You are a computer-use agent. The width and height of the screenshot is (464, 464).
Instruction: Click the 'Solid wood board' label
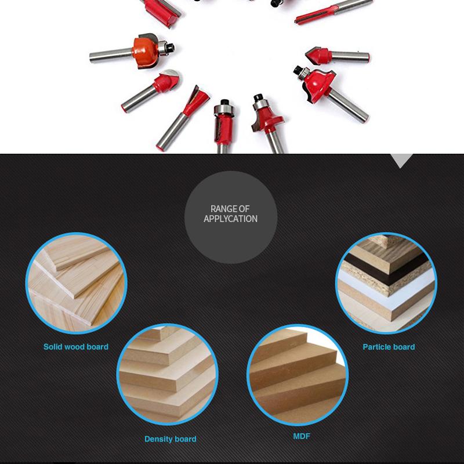(76, 347)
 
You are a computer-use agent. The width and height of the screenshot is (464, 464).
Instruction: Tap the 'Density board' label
(170, 439)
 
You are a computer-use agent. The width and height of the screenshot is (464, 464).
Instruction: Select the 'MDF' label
(302, 436)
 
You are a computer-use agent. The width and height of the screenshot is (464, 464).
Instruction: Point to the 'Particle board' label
(389, 347)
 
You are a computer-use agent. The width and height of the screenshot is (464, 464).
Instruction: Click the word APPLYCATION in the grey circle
(230, 219)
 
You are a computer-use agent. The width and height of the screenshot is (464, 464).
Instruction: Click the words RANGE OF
(230, 209)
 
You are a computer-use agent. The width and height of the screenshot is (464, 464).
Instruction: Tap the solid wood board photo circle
(77, 283)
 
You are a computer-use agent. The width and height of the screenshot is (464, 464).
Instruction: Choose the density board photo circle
(167, 374)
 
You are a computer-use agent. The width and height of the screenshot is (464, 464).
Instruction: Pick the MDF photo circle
(298, 375)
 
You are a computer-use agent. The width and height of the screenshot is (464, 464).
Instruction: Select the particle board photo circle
(386, 283)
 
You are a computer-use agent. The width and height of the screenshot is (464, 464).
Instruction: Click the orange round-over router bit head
(145, 51)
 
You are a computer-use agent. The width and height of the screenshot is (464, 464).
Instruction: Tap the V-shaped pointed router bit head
(317, 56)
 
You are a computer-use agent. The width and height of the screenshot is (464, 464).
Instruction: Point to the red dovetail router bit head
(197, 100)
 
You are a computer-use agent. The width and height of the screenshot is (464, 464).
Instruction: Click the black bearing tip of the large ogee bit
(298, 70)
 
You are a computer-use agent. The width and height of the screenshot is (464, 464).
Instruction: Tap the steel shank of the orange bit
(111, 55)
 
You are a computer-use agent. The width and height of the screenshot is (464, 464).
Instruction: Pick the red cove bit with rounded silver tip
(166, 81)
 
